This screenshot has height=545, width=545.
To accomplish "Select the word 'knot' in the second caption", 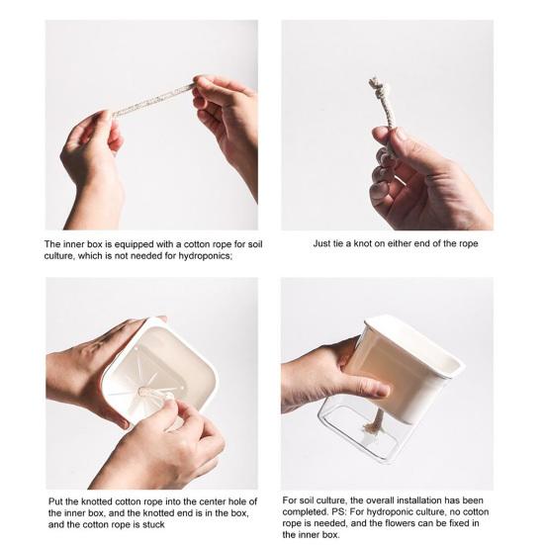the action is (x=363, y=243).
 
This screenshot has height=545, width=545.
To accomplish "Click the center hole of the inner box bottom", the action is (x=142, y=392).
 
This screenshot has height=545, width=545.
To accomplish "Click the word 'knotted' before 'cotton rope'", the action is (x=97, y=501).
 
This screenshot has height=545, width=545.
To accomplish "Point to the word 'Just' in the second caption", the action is (x=321, y=243).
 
